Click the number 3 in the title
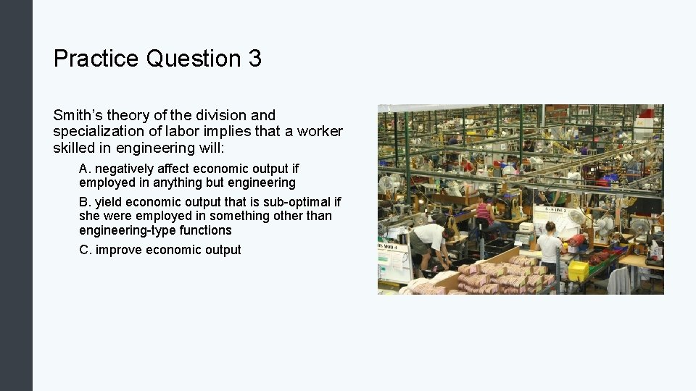coord(254,59)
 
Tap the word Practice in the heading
coord(96,59)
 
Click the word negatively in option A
coord(128,169)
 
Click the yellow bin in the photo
coord(578,271)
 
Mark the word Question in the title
coord(194,59)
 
